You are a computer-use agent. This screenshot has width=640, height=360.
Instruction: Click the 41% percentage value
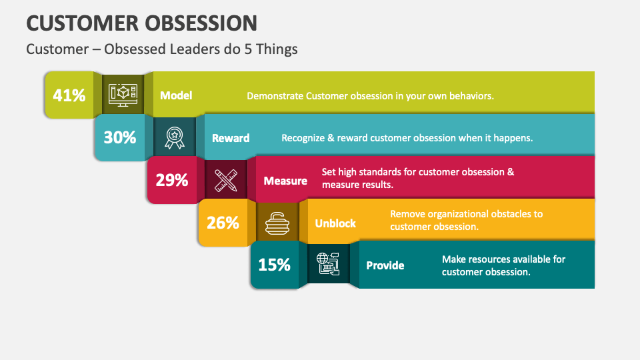point(69,95)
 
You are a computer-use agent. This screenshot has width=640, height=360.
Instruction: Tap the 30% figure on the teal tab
point(120,137)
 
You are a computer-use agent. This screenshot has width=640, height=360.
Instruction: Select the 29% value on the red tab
point(172,180)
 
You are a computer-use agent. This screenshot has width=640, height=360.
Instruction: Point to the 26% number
point(223,223)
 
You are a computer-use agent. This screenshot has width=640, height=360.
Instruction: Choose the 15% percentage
point(275,265)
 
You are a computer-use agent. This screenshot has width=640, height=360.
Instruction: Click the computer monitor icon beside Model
point(123,95)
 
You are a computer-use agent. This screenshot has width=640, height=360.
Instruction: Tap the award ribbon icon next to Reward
point(175,137)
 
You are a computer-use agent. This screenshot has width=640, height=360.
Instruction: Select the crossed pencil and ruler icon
point(226,180)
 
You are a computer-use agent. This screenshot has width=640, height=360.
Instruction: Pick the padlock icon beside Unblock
point(277,223)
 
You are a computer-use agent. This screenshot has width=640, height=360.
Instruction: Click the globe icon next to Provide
point(328,265)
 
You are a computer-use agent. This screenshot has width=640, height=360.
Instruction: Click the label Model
point(176,95)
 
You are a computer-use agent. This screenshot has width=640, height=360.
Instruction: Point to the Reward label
point(231,138)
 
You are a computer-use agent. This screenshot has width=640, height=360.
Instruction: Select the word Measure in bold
point(285,181)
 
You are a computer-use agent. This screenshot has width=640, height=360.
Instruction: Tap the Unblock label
point(335,223)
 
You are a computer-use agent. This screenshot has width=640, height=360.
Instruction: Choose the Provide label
point(385,265)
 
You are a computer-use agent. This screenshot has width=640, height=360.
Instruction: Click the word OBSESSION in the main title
point(199,23)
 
